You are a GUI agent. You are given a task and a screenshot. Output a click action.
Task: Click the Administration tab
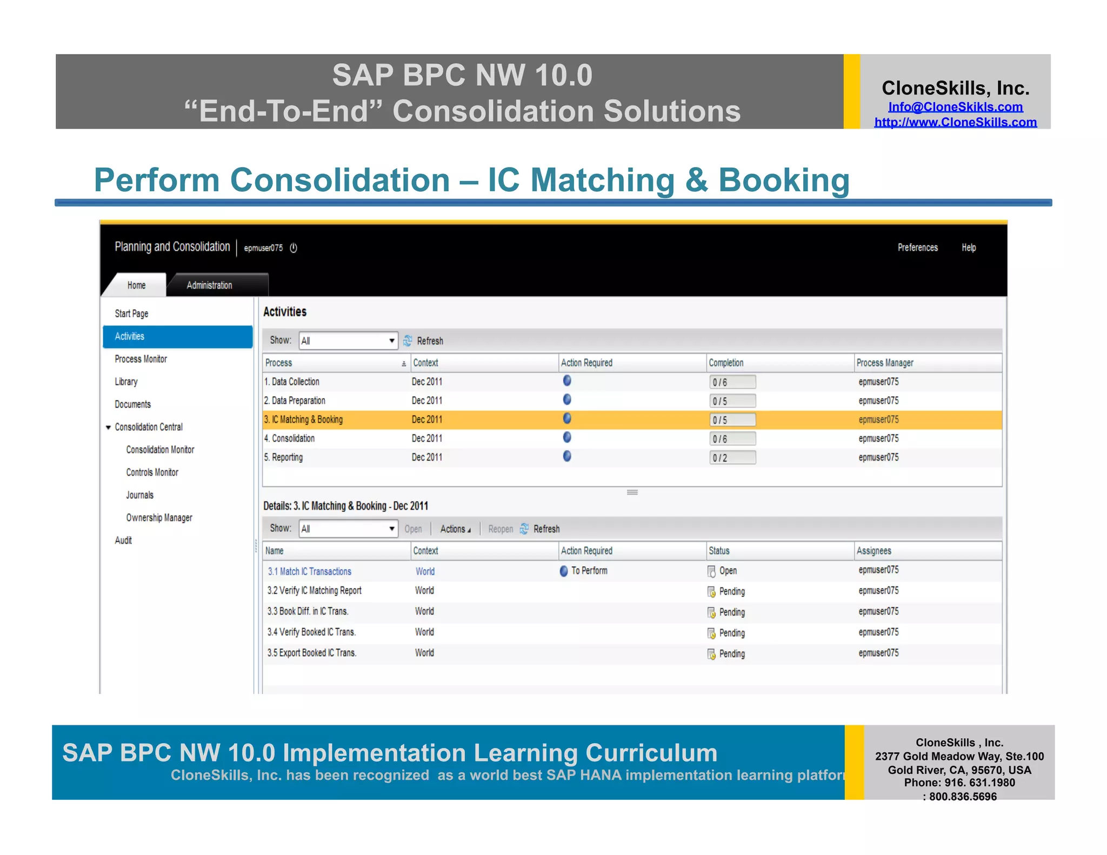[x=209, y=285]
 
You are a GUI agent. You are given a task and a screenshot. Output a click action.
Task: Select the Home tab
[x=136, y=285]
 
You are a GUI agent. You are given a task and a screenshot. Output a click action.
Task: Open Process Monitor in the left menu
[x=141, y=359]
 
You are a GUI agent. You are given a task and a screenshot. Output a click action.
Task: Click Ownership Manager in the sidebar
[x=159, y=518]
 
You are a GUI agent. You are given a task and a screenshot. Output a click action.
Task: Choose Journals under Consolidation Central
[x=139, y=495]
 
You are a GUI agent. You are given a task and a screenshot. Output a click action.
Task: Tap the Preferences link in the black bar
[x=917, y=248]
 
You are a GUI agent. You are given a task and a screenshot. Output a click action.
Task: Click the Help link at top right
[x=968, y=248]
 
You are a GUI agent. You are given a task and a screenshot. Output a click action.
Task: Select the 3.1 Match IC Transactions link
[x=310, y=571]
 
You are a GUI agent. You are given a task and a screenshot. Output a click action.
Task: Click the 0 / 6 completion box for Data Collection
[x=732, y=382]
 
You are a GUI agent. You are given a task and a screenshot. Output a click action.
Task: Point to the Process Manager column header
[x=885, y=363]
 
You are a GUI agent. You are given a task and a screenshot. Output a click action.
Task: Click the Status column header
[x=719, y=551]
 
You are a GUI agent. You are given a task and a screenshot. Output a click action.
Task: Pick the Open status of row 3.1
[x=727, y=571]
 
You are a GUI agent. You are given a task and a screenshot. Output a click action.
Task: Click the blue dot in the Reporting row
[x=567, y=457]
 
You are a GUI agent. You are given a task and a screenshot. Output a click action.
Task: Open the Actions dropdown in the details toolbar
[x=455, y=529]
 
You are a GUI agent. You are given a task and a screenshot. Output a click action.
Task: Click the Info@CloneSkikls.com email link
[x=955, y=107]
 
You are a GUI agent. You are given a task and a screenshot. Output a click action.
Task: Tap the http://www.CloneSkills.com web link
[x=955, y=122]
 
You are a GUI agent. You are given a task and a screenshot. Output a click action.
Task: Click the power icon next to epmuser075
[x=294, y=248]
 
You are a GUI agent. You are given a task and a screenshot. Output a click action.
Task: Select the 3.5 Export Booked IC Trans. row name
[x=311, y=653]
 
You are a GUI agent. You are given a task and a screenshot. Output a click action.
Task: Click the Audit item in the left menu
[x=123, y=540]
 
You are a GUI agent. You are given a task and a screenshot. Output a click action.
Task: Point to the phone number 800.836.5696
[x=963, y=796]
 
